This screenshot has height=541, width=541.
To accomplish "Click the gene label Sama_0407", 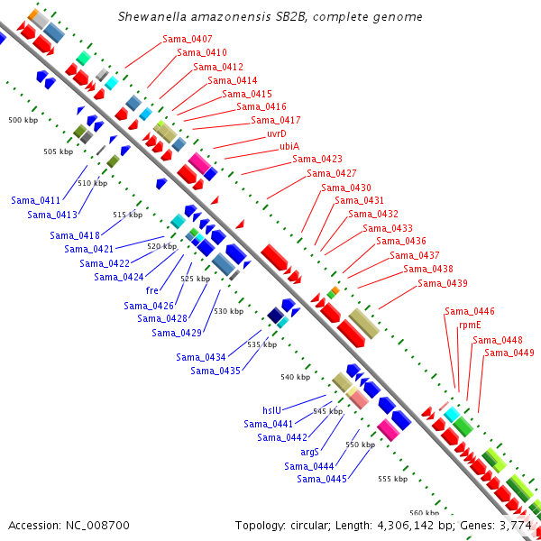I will pos(188,39).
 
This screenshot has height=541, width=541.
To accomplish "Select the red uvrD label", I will pos(276,133).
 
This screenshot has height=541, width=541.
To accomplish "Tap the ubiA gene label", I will pos(289,146).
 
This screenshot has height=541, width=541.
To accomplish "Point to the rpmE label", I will pos(471,325).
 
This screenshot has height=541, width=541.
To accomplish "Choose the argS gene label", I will pos(312,451).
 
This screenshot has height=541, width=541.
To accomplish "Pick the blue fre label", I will pos(151,290).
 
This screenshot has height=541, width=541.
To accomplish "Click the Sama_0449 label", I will pos(509,353).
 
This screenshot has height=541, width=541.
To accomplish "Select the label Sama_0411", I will pos(36,200).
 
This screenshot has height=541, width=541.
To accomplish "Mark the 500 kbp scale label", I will pos(23,120).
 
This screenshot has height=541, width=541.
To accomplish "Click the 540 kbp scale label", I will pos(296,377).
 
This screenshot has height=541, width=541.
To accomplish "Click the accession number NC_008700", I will pos(97,525).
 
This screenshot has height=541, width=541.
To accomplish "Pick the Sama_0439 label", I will pos(443,283).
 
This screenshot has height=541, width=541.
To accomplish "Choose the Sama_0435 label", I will pos(215,371).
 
